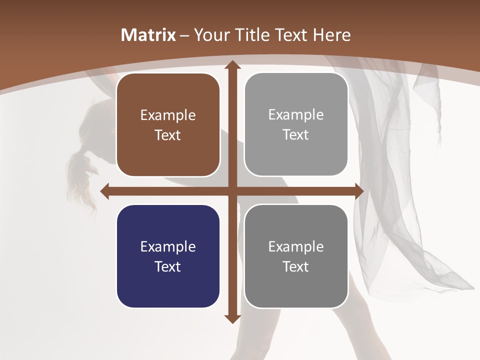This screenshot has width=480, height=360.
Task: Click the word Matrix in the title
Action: [148, 35]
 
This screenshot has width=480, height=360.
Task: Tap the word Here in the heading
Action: [331, 35]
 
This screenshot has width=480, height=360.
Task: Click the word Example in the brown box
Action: [168, 115]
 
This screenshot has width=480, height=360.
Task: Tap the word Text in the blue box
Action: [168, 266]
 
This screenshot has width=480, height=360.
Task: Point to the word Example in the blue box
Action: [168, 247]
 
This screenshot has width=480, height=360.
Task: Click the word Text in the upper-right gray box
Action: [296, 135]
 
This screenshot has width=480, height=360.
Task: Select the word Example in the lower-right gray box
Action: [296, 247]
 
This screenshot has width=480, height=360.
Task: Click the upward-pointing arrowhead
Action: [231, 65]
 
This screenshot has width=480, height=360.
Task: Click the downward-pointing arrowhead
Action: [231, 318]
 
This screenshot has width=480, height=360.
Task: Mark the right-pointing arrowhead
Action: [358, 191]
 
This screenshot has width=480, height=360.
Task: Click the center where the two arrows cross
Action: [231, 191]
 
